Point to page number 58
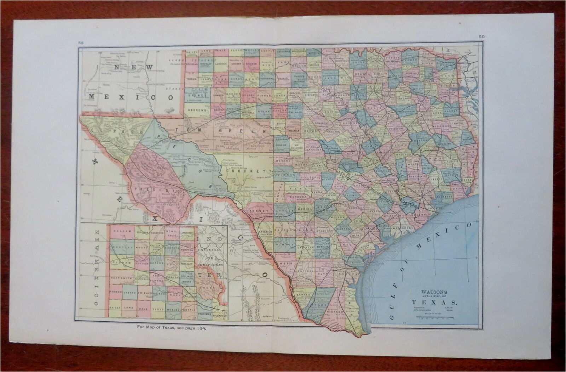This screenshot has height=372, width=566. (x=81, y=43)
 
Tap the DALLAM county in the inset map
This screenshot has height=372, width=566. (x=122, y=231)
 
